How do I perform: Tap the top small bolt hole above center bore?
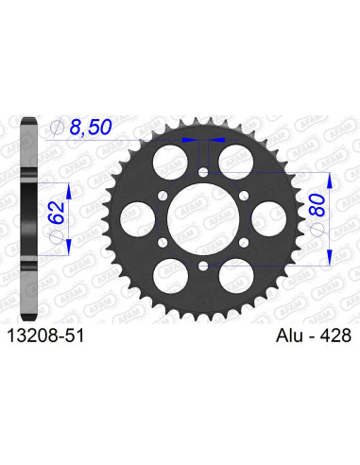204,171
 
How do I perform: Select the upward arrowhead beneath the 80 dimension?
326,258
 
